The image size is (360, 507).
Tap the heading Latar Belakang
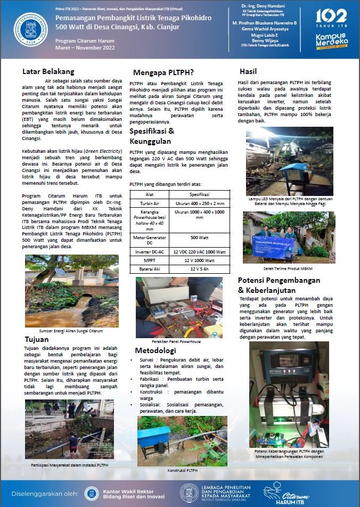click(x=48, y=71)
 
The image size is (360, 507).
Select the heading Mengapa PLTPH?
click(x=163, y=72)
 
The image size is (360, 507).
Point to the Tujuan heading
click(x=37, y=339)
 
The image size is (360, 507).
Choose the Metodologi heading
click(x=155, y=350)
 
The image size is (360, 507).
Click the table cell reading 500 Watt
click(x=199, y=238)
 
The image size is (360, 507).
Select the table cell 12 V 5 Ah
click(x=199, y=269)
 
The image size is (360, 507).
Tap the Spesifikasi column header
click(x=199, y=195)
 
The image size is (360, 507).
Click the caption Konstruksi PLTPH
click(x=182, y=471)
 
